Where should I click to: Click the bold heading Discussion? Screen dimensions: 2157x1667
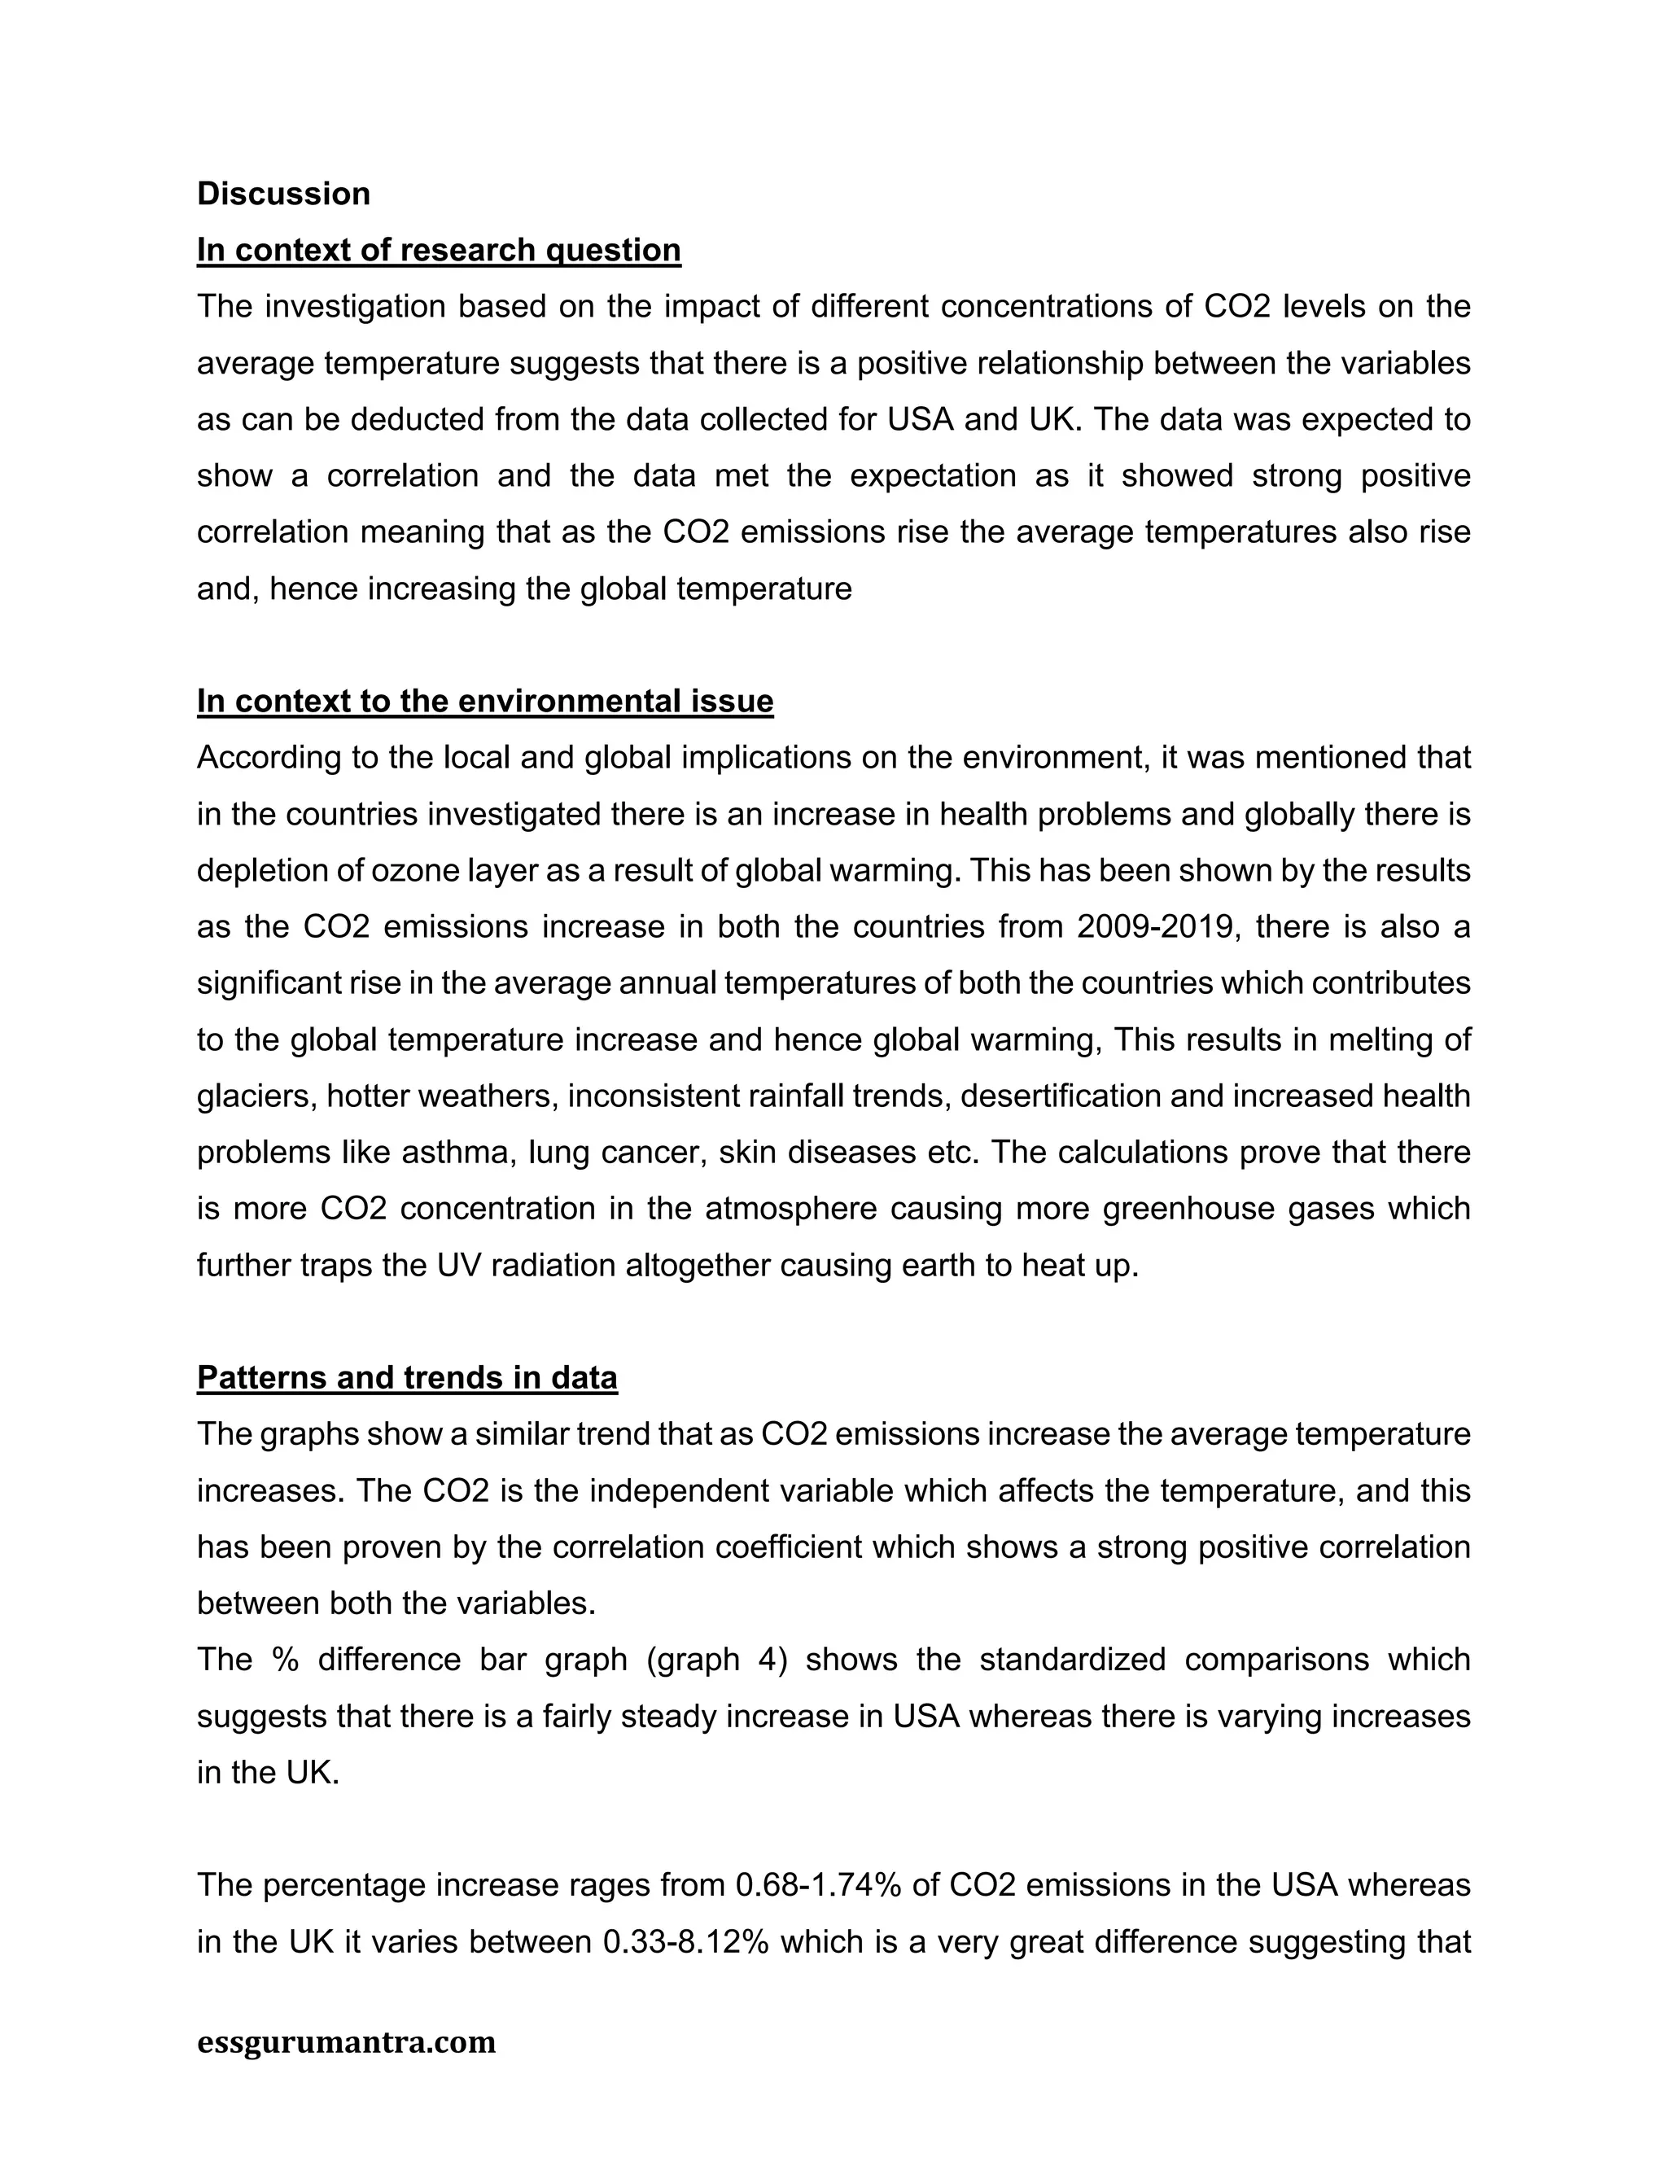pyautogui.click(x=283, y=194)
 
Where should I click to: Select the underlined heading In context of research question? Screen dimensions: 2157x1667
pyautogui.click(x=439, y=250)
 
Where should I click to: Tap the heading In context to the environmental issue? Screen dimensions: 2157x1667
pyautogui.click(x=485, y=701)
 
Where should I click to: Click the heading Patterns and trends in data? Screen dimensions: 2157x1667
pyautogui.click(x=407, y=1378)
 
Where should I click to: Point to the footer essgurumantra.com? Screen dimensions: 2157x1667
pyautogui.click(x=347, y=2041)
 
